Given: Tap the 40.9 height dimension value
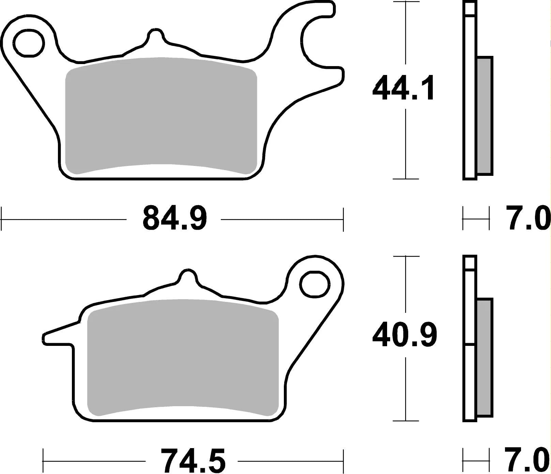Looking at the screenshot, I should (404, 335).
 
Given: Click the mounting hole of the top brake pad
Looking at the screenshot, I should (29, 43).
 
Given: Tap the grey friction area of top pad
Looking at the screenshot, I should (160, 116).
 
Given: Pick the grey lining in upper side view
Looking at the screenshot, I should (485, 116).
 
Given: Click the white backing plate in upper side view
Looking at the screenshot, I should (470, 102).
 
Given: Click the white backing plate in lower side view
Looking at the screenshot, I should (470, 375).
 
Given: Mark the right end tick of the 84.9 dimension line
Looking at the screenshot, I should (343, 219).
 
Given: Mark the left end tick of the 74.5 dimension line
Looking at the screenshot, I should (43, 461).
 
